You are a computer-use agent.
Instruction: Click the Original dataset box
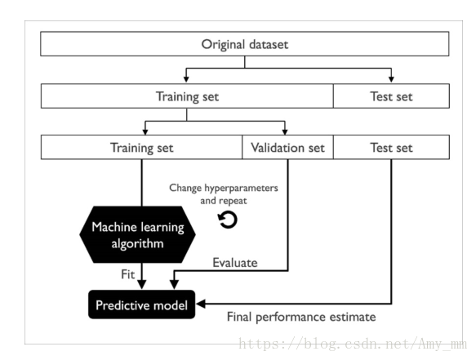(245, 44)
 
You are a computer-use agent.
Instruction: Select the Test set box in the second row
(391, 96)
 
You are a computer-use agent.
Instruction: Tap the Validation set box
(287, 147)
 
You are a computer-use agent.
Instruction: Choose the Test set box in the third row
(391, 147)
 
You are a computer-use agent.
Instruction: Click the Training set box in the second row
(187, 96)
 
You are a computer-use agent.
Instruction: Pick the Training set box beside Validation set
(141, 147)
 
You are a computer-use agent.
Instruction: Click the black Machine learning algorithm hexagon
(137, 234)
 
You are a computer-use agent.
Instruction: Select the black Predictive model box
(141, 304)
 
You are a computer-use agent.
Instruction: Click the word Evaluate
(235, 263)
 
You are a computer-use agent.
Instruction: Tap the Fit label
(127, 274)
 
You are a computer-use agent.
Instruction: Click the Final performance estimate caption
(301, 318)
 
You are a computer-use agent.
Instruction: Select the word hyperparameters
(241, 189)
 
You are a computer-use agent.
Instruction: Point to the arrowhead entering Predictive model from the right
(201, 304)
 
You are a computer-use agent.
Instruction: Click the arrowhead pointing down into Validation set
(285, 131)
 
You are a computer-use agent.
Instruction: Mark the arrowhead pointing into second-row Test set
(391, 79)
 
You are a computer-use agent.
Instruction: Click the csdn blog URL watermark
(353, 344)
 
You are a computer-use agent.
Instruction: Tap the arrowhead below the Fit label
(142, 285)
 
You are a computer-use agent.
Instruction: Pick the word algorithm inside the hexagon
(137, 243)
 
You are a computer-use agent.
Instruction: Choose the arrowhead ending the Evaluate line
(174, 285)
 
